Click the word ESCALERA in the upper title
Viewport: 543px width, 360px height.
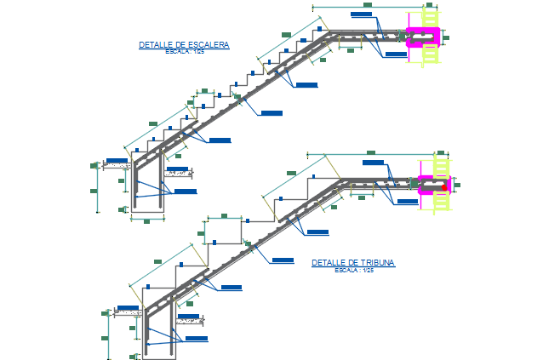tap(209, 44)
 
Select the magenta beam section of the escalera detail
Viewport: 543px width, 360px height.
tap(422, 36)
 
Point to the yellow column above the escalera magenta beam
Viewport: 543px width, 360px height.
tap(432, 17)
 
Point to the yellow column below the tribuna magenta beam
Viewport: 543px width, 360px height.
tap(441, 201)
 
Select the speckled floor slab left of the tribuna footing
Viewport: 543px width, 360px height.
tap(129, 312)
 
